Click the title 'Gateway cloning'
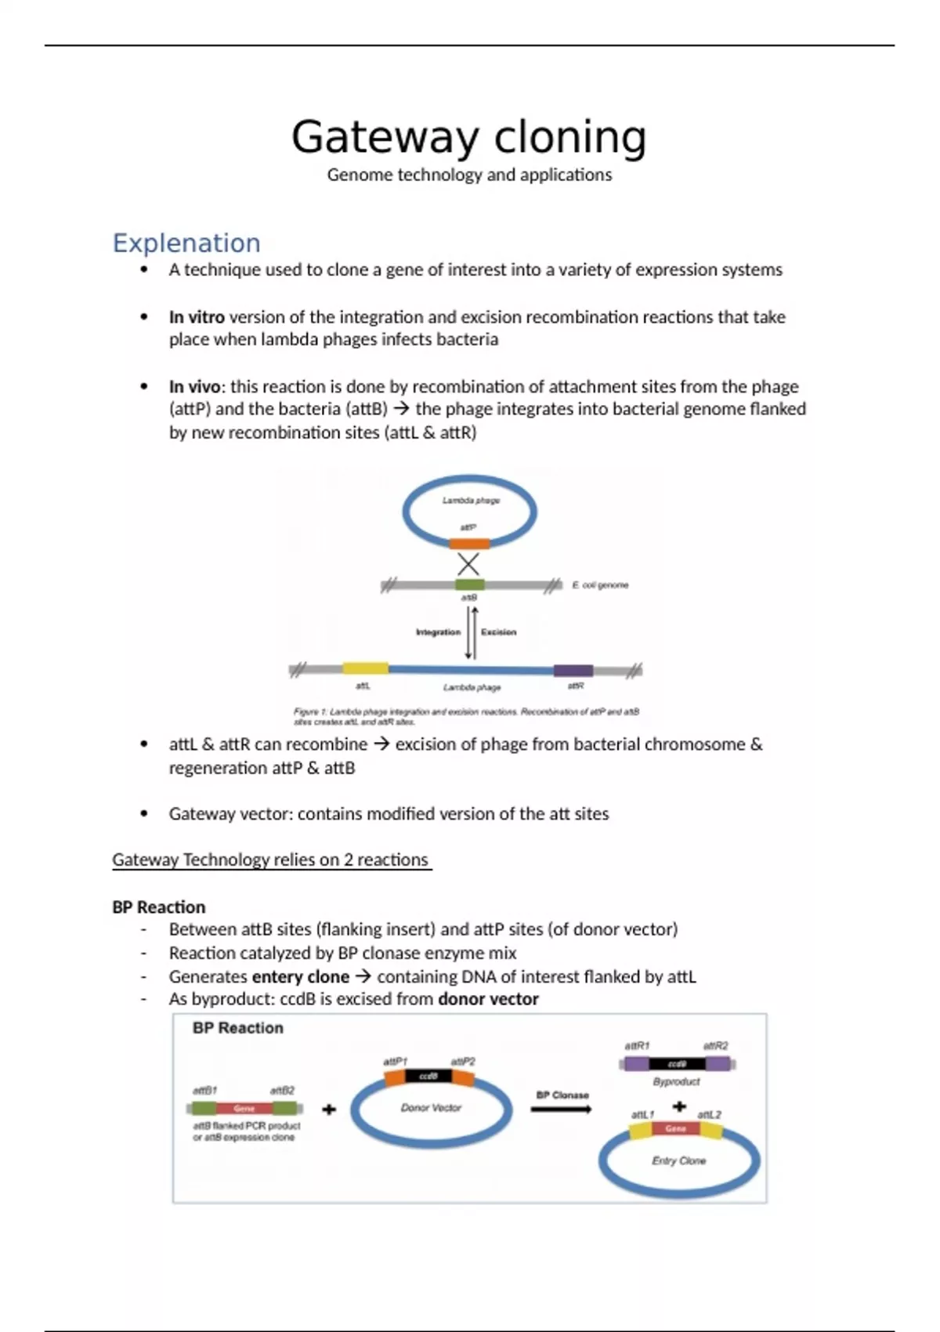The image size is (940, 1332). [468, 137]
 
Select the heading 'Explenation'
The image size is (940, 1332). [186, 243]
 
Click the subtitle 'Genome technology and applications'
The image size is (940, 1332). [469, 175]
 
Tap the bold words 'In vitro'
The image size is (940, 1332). [197, 317]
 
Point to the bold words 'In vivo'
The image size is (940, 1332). [194, 387]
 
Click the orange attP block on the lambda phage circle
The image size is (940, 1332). [470, 543]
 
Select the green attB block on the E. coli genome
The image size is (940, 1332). [470, 585]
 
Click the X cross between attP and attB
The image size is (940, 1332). [468, 564]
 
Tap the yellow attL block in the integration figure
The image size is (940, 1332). [365, 668]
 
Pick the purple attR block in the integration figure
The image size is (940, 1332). [573, 670]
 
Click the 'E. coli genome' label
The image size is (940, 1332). [600, 585]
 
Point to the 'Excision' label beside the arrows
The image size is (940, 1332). [499, 632]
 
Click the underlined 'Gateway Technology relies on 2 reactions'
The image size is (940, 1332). [271, 860]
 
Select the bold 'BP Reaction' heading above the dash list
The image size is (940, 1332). [159, 907]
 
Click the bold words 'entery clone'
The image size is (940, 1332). [300, 977]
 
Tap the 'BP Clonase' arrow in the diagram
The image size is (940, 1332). [562, 1109]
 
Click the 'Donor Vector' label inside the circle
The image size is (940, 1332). [431, 1108]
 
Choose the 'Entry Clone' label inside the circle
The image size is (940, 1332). [678, 1160]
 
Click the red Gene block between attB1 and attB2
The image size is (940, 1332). [244, 1109]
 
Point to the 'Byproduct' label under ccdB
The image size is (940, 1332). [677, 1081]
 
